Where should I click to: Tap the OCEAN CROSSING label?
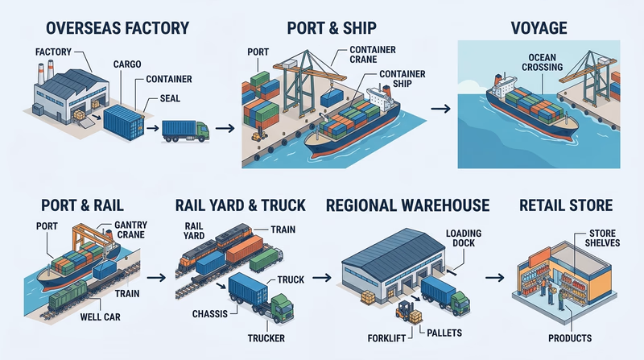[x=537, y=62]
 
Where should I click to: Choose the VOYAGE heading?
[x=539, y=29]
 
